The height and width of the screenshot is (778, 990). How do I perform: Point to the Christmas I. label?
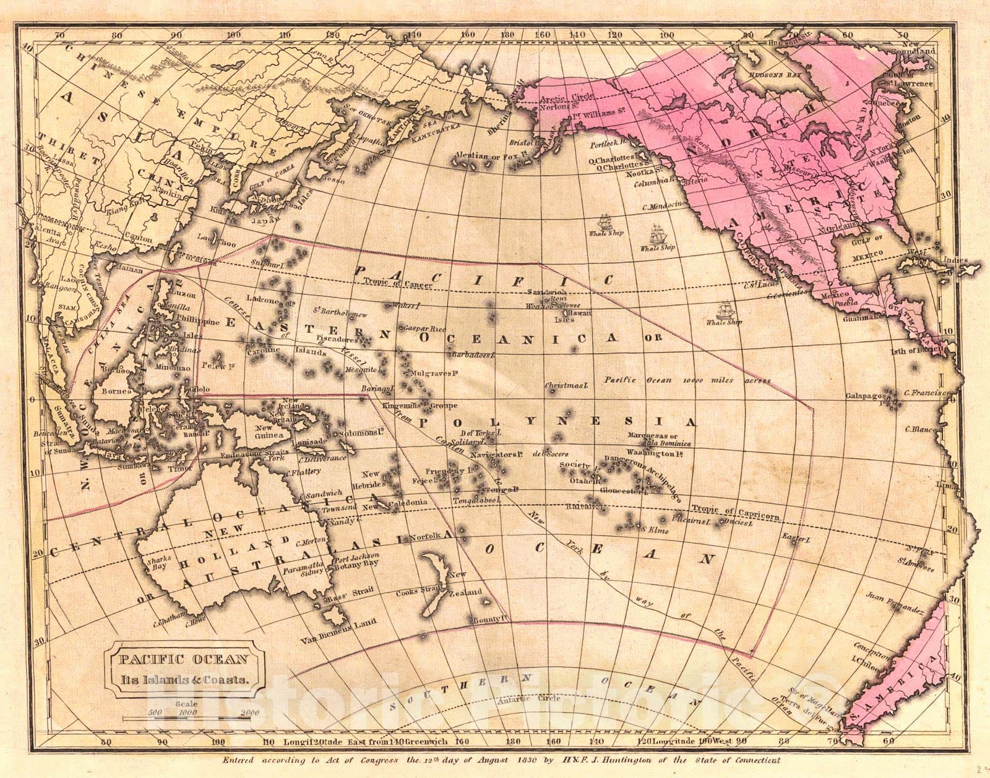566,386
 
